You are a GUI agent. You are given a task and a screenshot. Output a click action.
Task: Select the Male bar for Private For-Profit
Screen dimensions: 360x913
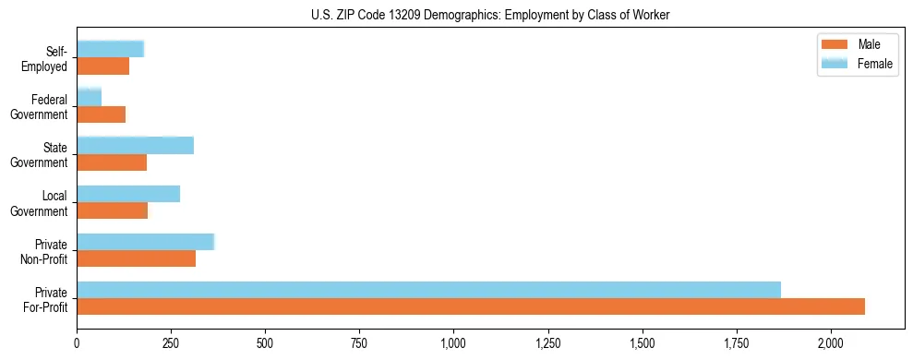pyautogui.click(x=471, y=306)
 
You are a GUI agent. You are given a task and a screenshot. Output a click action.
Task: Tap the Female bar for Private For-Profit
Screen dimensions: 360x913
pyautogui.click(x=428, y=290)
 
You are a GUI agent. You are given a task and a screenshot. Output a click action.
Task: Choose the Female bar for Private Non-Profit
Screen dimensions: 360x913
pyautogui.click(x=145, y=242)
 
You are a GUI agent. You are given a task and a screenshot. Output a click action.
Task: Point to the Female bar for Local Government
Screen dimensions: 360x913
pyautogui.click(x=128, y=194)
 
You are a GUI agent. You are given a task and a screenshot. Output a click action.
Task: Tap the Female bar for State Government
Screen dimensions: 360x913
pyautogui.click(x=135, y=146)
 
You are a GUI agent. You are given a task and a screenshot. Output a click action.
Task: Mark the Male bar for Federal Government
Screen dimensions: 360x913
pyautogui.click(x=101, y=114)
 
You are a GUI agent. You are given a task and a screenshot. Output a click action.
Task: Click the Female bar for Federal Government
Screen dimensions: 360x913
pyautogui.click(x=89, y=98)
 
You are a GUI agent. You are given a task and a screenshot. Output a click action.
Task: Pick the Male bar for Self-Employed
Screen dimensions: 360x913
pyautogui.click(x=102, y=66)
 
